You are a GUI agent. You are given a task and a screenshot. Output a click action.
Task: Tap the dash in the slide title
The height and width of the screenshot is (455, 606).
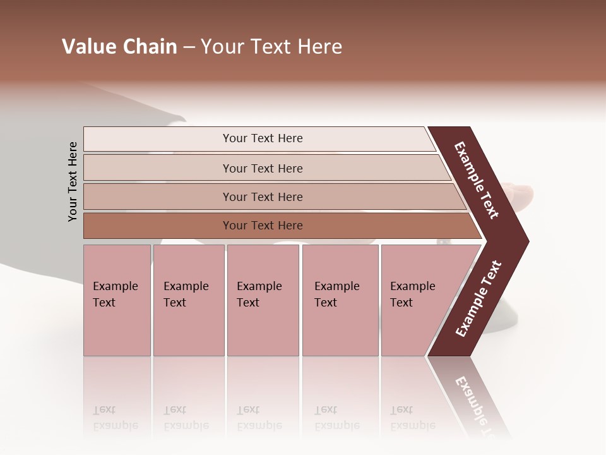(x=189, y=47)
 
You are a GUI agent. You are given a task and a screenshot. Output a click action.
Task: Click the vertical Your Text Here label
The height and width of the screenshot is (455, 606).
(x=73, y=182)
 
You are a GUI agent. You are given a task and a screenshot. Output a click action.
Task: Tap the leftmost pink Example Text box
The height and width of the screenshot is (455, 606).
(x=117, y=300)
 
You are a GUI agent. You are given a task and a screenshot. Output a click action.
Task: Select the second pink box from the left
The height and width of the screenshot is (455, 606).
(x=188, y=300)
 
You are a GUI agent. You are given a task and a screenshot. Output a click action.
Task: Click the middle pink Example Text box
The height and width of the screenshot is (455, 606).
(x=263, y=300)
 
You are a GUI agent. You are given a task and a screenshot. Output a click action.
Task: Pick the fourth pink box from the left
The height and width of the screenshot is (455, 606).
(x=340, y=300)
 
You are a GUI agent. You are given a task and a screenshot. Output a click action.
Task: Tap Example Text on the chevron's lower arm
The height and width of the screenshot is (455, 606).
(x=478, y=299)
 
